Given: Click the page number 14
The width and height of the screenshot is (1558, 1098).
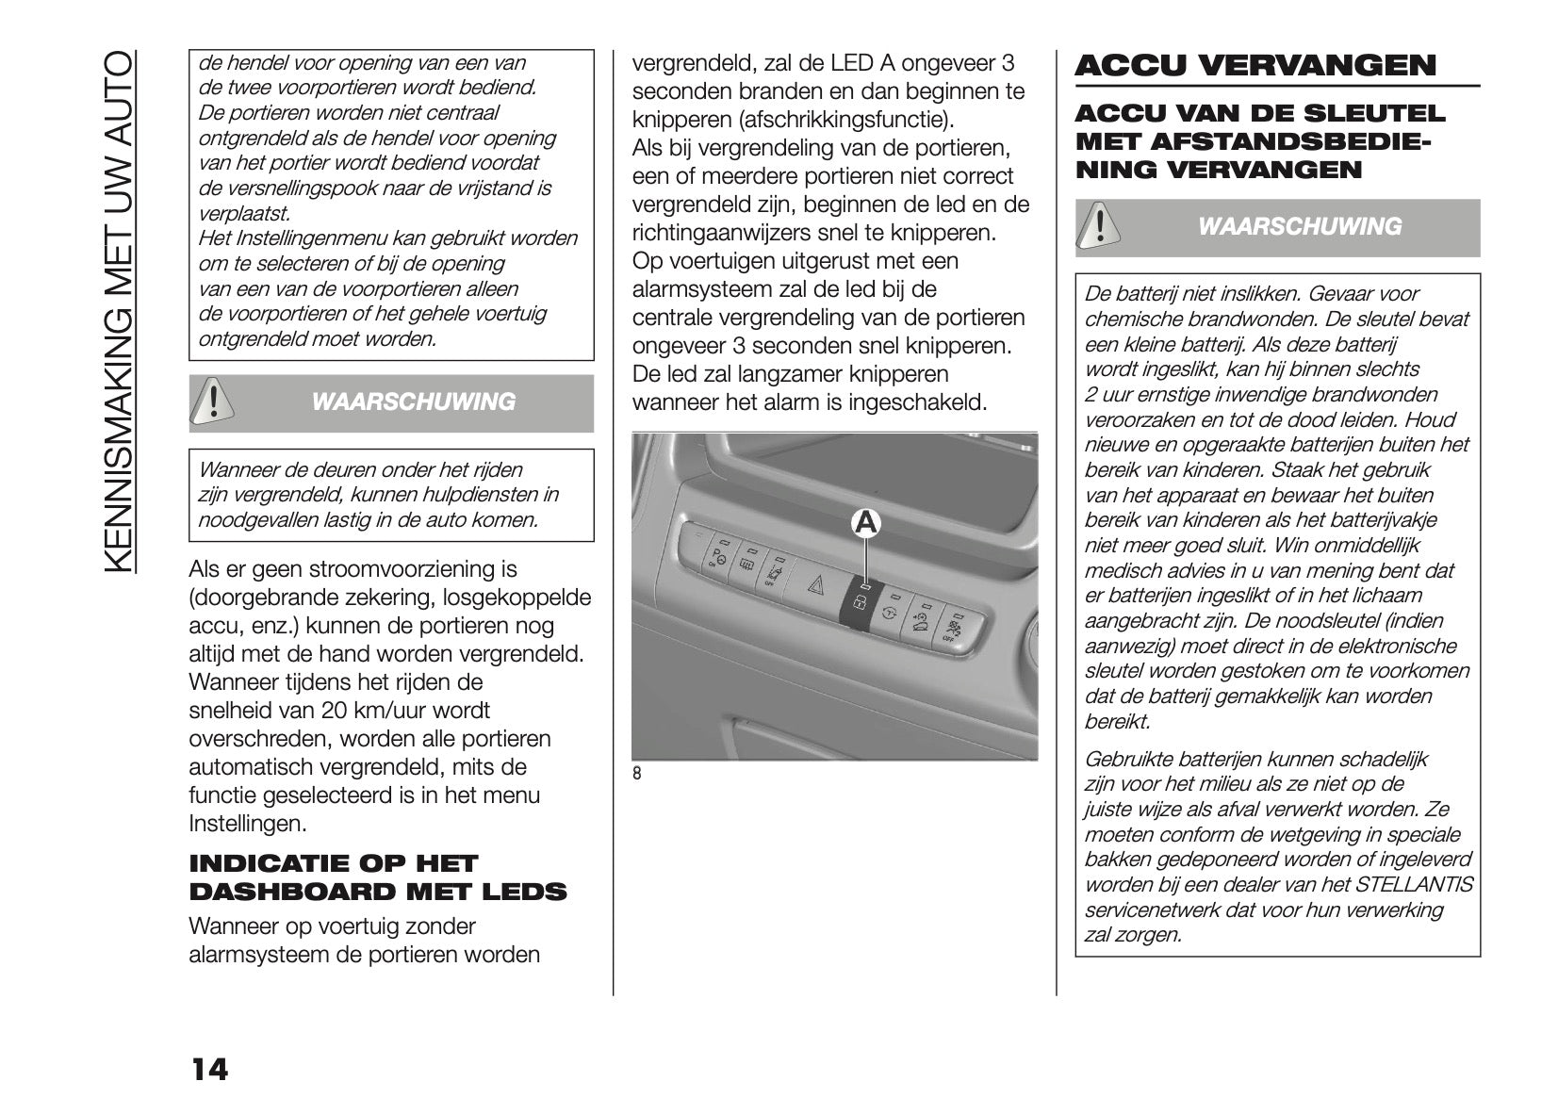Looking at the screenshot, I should coord(209,1070).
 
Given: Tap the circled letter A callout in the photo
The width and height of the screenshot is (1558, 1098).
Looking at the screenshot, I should coord(866,523).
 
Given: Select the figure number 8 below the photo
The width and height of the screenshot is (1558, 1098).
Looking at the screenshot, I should coord(637,774).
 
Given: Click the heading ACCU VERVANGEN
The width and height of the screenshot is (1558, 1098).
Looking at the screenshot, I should coord(1255,65).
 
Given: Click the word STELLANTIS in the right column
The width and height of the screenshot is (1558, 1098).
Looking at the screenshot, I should coord(1413,885).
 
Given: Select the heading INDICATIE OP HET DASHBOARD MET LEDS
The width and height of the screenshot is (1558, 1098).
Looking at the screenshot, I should coord(378,877).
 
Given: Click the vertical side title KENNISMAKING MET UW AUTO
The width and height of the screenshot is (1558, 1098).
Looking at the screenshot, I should coord(120,310).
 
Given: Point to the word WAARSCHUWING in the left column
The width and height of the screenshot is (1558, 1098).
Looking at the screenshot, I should coord(413,402).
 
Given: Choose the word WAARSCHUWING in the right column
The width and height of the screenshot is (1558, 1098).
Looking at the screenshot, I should coord(1299,227).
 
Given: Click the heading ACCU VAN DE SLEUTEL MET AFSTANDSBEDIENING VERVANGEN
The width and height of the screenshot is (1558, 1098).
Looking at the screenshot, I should coord(1259,142).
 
